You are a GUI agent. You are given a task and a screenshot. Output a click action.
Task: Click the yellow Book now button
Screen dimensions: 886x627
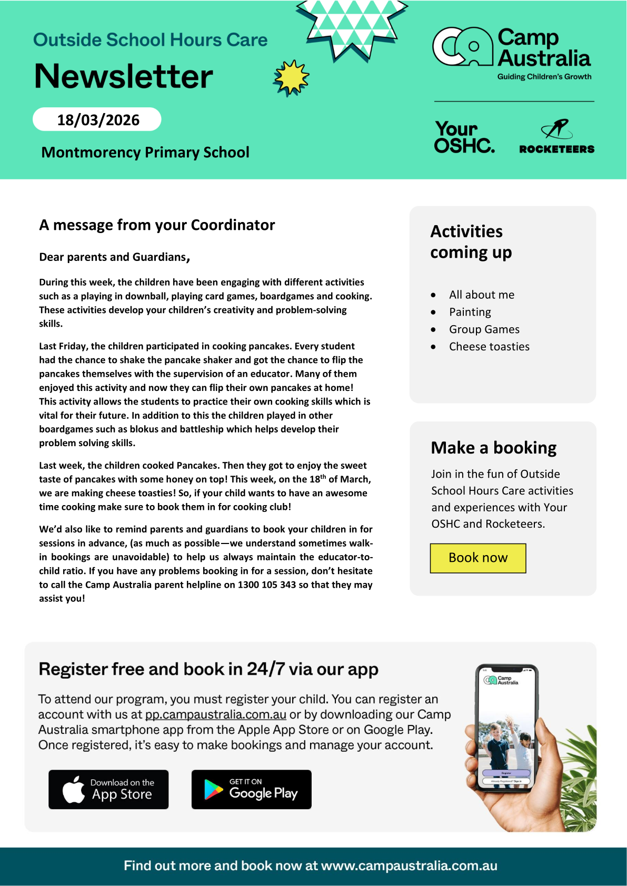pyautogui.click(x=478, y=558)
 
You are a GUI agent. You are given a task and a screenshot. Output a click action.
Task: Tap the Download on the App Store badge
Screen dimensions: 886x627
pyautogui.click(x=108, y=789)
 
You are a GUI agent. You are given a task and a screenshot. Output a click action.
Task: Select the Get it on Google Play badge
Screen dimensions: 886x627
pyautogui.click(x=251, y=789)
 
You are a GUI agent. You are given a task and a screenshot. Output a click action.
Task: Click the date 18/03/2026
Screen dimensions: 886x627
pyautogui.click(x=97, y=120)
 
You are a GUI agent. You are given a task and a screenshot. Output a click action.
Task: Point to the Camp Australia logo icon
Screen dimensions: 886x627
pyautogui.click(x=462, y=47)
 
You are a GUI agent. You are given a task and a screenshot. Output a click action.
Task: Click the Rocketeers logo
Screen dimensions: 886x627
pyautogui.click(x=556, y=137)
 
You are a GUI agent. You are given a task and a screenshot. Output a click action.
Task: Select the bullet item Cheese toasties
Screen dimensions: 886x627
pyautogui.click(x=489, y=347)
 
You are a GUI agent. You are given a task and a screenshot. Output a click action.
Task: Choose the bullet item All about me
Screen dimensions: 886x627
pyautogui.click(x=481, y=295)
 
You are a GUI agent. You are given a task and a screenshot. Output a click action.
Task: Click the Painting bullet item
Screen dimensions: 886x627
pyautogui.click(x=470, y=312)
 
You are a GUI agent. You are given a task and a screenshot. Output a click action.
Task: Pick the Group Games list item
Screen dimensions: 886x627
pyautogui.click(x=484, y=329)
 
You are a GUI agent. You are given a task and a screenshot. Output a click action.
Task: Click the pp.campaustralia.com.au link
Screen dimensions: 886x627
pyautogui.click(x=216, y=714)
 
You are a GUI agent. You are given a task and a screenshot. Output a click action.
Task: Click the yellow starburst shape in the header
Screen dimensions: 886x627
pyautogui.click(x=291, y=78)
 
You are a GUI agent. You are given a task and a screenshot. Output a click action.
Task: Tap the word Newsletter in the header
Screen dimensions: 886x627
pyautogui.click(x=124, y=76)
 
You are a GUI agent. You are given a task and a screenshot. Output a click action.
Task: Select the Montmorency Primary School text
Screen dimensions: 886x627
pyautogui.click(x=145, y=152)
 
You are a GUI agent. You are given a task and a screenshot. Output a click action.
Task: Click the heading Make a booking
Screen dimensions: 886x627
pyautogui.click(x=493, y=448)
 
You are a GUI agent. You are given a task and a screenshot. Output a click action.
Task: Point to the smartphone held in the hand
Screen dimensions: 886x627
pyautogui.click(x=506, y=729)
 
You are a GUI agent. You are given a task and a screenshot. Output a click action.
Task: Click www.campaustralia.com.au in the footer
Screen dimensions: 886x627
pyautogui.click(x=409, y=865)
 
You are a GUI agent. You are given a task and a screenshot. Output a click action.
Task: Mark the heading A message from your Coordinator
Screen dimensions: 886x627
pyautogui.click(x=157, y=225)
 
